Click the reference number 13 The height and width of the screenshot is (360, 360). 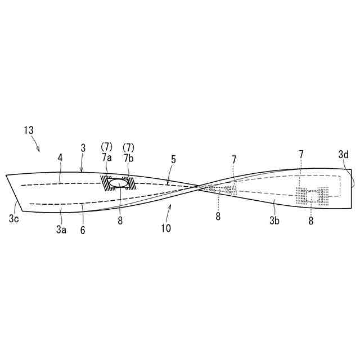pos(29,130)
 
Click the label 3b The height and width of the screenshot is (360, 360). pos(274,220)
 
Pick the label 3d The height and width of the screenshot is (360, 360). pos(343,154)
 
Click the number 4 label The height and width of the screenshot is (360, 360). pos(60,160)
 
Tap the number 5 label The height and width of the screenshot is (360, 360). pos(173,160)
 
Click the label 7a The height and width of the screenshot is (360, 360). pos(107,158)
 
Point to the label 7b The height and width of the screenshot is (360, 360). pos(128,158)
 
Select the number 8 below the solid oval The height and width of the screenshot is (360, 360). pos(120,220)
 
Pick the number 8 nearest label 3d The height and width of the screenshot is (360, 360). pos(310,221)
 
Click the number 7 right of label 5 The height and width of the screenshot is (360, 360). pos(234,160)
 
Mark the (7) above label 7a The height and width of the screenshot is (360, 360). pos(106,146)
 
